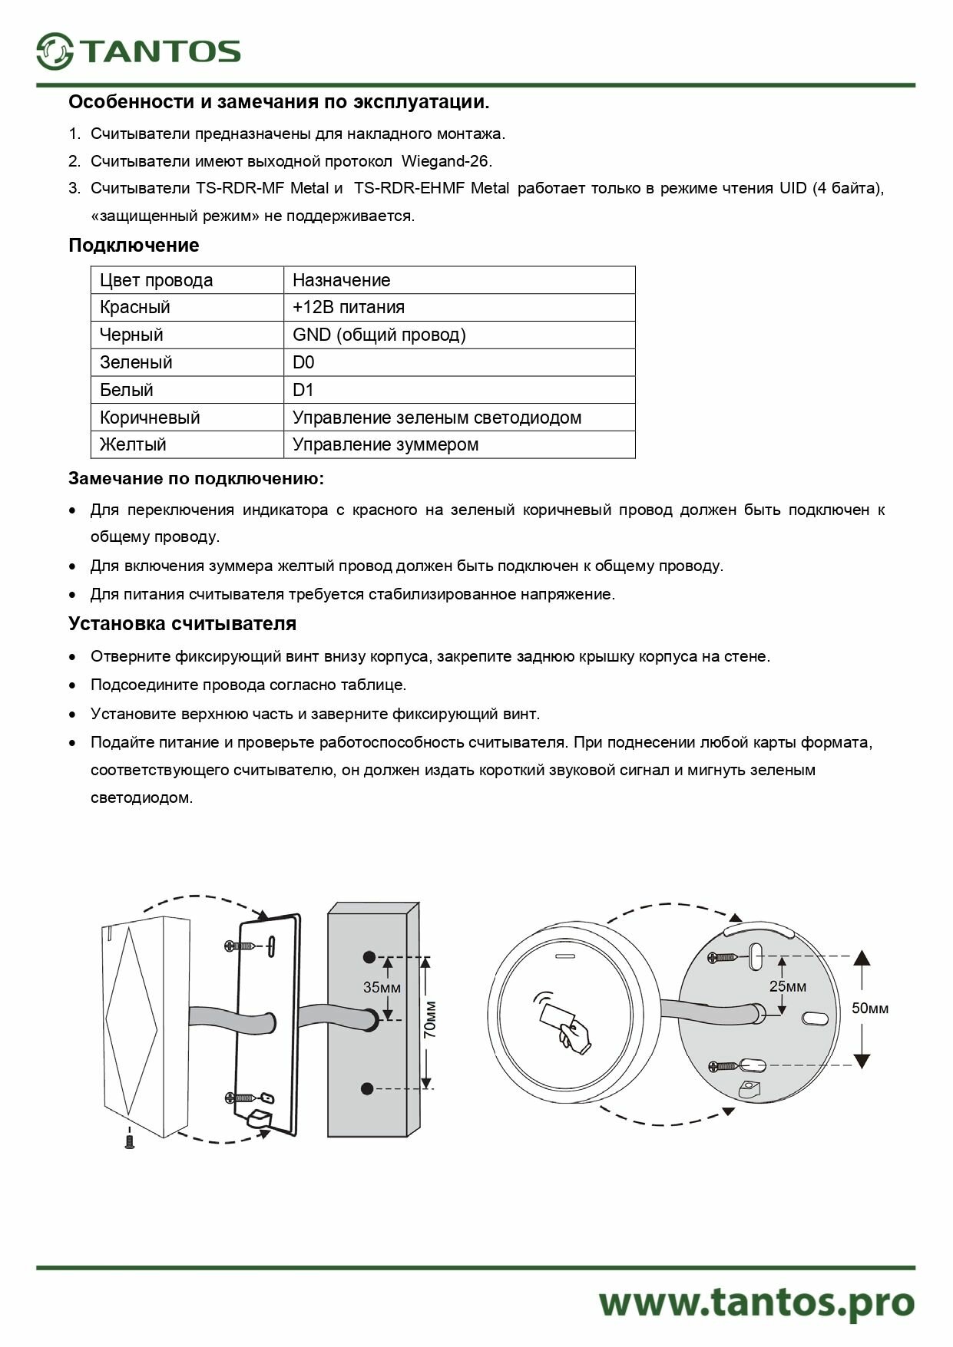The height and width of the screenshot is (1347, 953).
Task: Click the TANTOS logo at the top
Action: [138, 51]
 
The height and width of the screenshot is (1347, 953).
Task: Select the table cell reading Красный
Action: [135, 307]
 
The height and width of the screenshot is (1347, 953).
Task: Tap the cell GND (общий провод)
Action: [379, 335]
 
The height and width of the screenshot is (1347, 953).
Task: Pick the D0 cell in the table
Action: [303, 362]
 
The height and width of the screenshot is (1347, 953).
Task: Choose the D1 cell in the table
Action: [303, 390]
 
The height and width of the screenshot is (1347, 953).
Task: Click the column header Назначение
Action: [341, 280]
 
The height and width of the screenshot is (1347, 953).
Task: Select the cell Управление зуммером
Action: [385, 444]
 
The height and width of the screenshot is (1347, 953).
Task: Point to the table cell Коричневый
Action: [150, 418]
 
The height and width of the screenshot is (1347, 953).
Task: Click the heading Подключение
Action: [134, 246]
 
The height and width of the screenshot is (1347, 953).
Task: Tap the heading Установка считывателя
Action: [182, 623]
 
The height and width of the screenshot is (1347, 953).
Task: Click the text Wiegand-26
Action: [446, 161]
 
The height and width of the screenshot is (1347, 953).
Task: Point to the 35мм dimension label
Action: [382, 988]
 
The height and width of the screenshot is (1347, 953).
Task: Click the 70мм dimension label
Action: [430, 1019]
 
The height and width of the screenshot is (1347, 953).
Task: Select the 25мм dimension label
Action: [788, 986]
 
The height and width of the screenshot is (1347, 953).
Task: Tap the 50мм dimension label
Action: [870, 1008]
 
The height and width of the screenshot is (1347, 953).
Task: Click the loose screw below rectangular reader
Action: [130, 1139]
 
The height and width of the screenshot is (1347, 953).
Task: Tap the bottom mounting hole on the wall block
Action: [368, 1088]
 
